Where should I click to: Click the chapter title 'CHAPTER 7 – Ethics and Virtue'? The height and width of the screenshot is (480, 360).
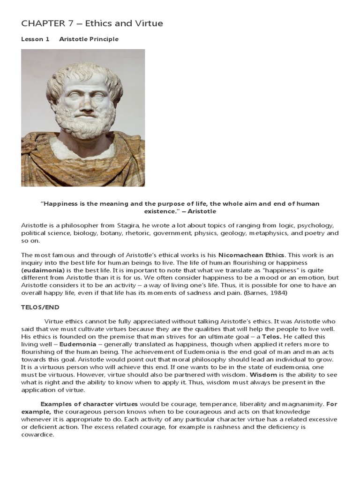(x=92, y=23)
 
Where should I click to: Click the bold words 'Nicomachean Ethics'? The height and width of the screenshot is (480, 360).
(x=251, y=255)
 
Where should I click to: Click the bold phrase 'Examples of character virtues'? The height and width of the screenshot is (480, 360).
(x=89, y=404)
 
